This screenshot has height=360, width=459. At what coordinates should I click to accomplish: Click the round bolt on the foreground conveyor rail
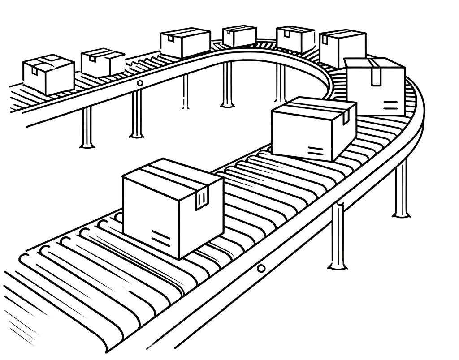click(260, 269)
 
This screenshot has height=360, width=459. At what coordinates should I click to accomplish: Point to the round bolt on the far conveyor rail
click(140, 83)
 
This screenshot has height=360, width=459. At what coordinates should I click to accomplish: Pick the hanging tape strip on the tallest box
click(375, 74)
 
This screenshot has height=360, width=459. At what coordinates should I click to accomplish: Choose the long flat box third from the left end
click(184, 43)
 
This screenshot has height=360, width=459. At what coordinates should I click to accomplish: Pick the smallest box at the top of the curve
click(239, 36)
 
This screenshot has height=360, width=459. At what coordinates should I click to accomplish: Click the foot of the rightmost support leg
click(401, 214)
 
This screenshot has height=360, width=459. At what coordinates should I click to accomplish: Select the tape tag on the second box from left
click(92, 58)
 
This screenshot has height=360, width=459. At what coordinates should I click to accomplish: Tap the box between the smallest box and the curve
click(295, 39)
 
